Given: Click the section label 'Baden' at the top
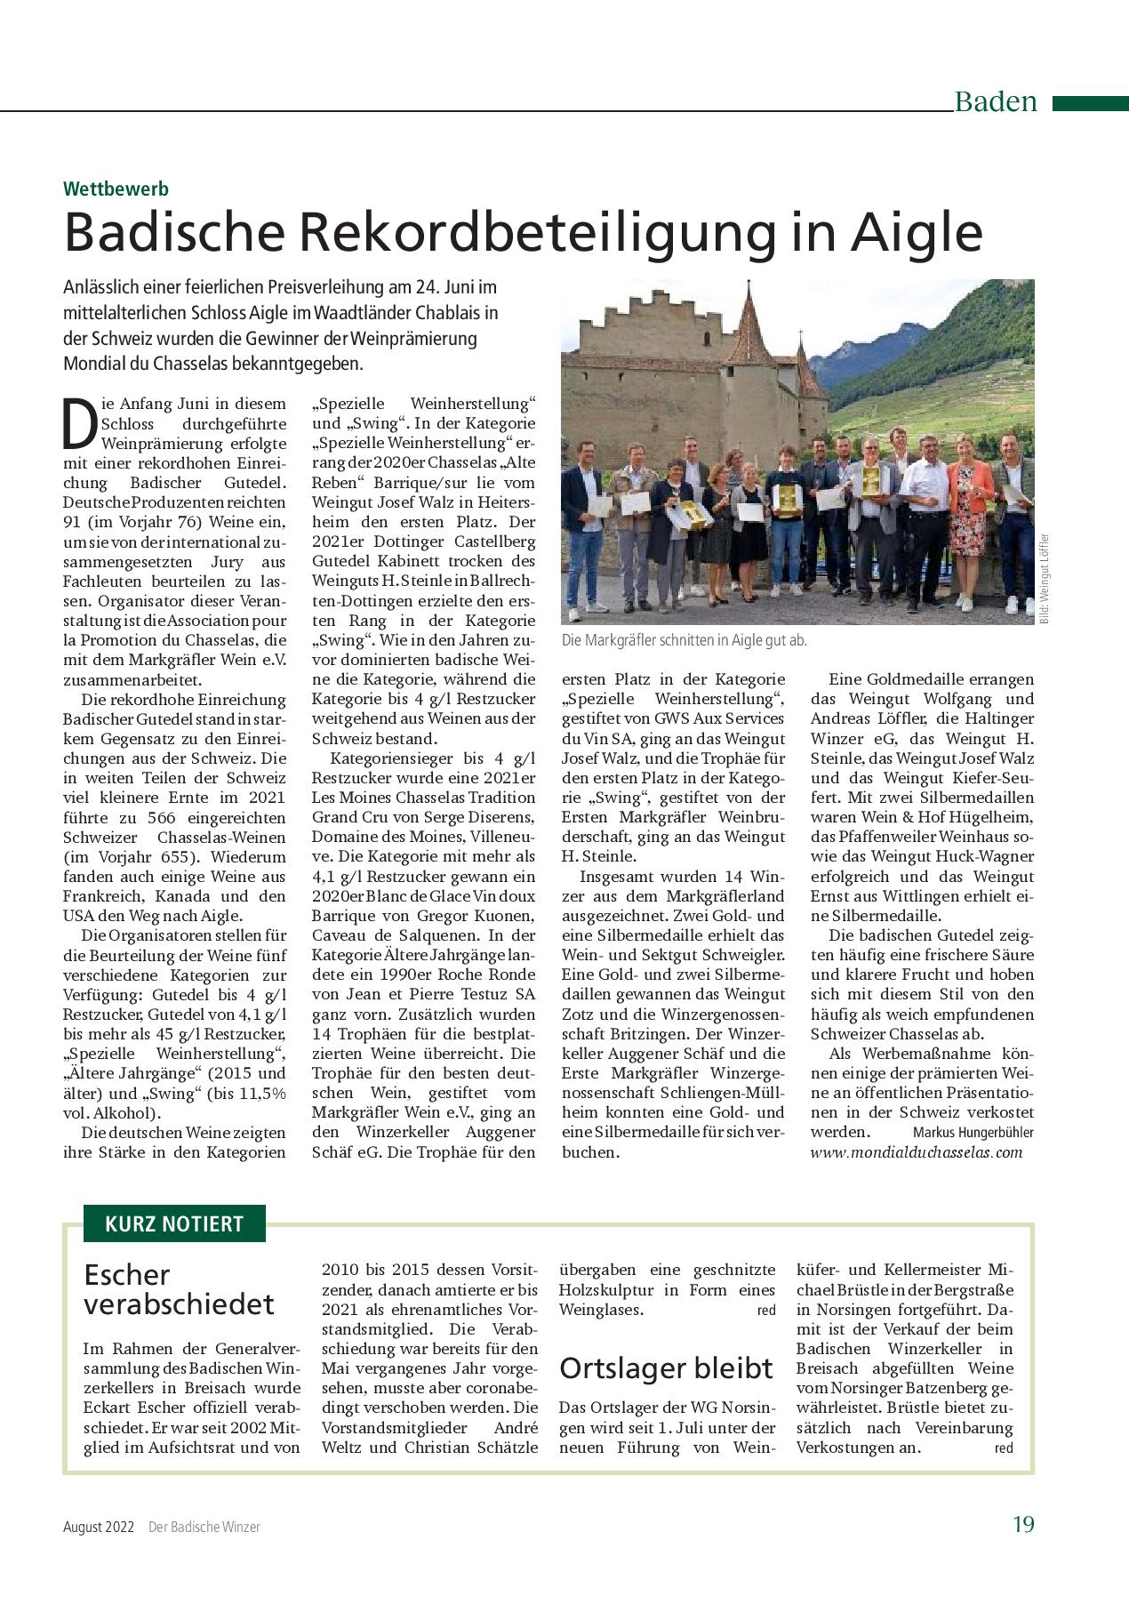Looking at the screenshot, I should click(996, 101).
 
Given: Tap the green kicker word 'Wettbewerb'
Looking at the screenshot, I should click(116, 188).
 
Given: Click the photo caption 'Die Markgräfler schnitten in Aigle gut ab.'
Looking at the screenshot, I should click(684, 641).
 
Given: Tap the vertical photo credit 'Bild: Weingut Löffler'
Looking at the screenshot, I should click(1045, 578).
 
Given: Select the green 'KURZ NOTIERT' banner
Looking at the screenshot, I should click(174, 1223).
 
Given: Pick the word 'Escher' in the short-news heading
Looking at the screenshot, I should click(126, 1275).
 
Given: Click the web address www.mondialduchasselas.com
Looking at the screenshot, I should click(917, 1152).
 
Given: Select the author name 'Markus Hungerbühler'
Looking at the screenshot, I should click(973, 1133).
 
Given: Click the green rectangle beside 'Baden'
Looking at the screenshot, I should click(1090, 103).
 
